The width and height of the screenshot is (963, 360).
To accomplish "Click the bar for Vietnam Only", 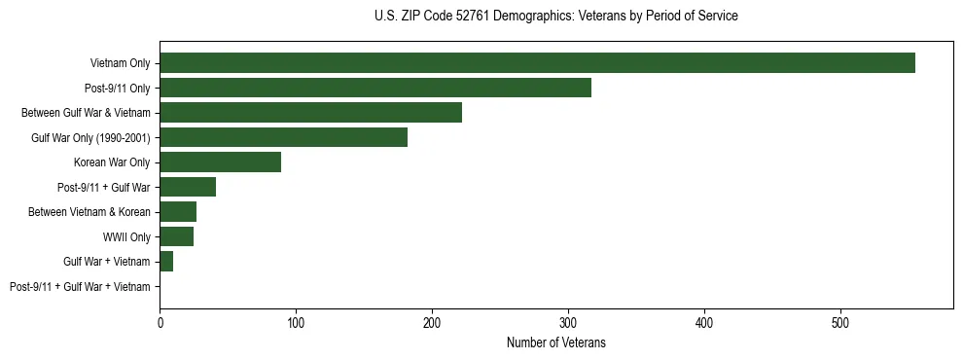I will (x=537, y=63).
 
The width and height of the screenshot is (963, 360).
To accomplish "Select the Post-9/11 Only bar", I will (x=375, y=88).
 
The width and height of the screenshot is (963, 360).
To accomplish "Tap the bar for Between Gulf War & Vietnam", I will (x=310, y=113).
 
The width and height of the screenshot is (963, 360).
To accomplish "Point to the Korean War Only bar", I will (x=220, y=162).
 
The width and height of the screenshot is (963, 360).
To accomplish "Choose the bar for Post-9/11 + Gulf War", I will (x=188, y=187).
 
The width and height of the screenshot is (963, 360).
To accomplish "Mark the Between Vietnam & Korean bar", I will (x=178, y=212).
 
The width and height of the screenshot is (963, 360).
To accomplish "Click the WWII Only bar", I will (x=176, y=236).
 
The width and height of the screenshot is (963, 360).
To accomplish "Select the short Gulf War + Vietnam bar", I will (x=166, y=262).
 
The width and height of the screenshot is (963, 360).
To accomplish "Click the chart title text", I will (x=555, y=17).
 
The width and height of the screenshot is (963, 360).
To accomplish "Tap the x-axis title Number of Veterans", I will (x=555, y=342).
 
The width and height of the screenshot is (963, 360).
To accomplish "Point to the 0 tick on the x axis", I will (x=160, y=322).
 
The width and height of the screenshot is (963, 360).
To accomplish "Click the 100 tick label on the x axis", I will (x=296, y=322).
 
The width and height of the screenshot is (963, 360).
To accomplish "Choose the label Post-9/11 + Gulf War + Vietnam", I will (x=80, y=287).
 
